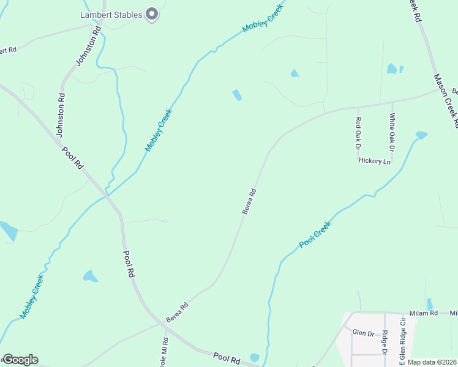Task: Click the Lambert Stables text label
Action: pos(111,15)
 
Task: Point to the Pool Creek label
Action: pos(315,234)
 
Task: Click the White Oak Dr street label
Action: pos(392,132)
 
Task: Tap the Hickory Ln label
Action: pos(374,161)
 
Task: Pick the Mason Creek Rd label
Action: pos(446,100)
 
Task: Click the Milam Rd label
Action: pos(424,313)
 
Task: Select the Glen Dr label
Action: pos(363,333)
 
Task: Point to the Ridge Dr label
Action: pos(385,343)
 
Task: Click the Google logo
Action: pos(20,360)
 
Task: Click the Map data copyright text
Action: pos(432,362)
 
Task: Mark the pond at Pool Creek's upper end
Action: pos(421,135)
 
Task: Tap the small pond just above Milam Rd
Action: pos(429,304)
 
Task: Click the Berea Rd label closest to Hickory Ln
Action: pos(249,201)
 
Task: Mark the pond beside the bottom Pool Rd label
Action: pos(255,357)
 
